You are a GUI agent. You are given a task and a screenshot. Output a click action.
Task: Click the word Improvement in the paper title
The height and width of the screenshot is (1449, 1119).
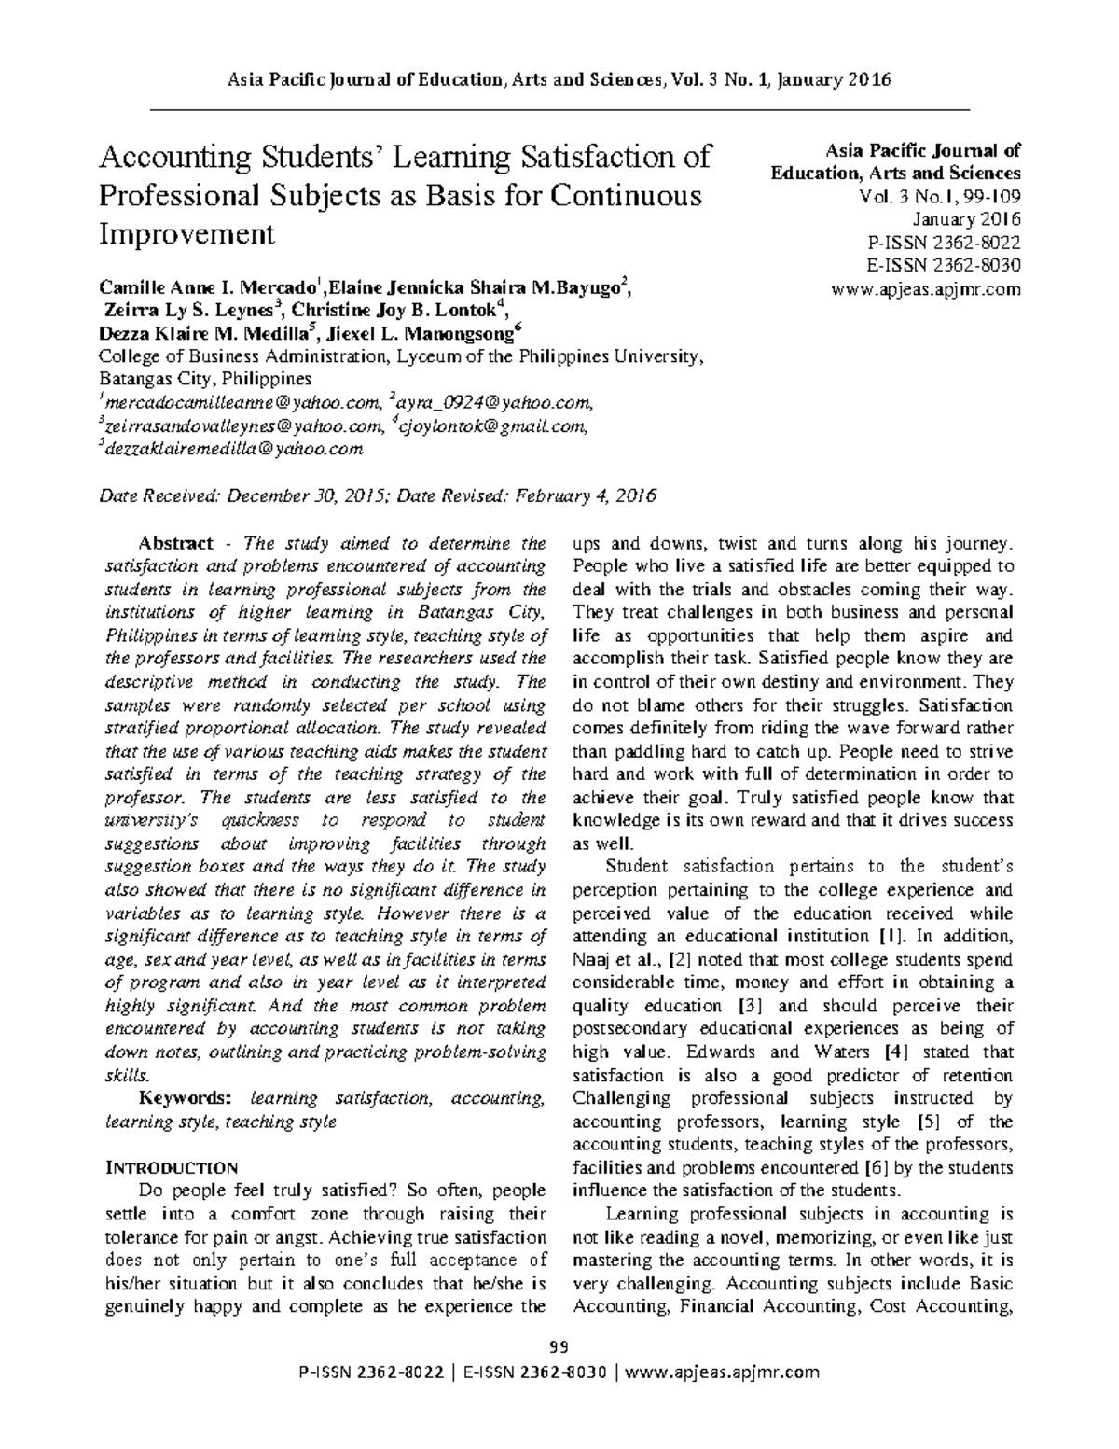click(186, 233)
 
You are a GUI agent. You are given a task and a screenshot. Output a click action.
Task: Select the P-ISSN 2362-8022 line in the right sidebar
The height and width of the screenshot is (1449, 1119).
click(943, 243)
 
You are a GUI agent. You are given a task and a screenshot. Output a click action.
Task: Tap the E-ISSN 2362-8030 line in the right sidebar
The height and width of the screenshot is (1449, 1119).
click(943, 266)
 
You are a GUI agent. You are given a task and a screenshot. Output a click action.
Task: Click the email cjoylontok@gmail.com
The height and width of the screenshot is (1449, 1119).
click(492, 426)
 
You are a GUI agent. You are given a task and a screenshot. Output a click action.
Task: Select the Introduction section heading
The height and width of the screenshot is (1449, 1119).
click(173, 1168)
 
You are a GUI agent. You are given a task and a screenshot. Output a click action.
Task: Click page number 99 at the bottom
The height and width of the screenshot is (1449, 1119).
click(559, 1346)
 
